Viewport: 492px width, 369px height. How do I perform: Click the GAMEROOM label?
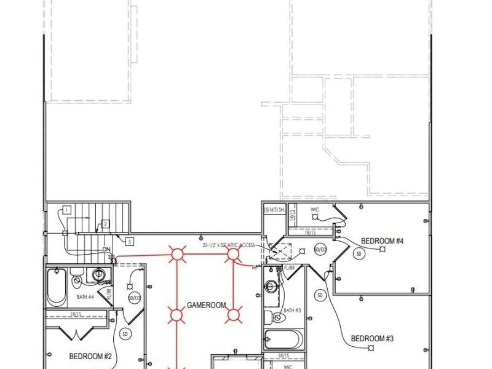207,305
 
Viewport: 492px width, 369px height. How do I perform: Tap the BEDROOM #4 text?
382,240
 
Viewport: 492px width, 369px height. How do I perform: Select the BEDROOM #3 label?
372,338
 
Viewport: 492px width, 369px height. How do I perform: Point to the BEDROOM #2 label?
90,356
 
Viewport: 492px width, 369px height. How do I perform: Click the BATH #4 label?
85,297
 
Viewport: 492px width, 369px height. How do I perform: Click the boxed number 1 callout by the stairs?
66,210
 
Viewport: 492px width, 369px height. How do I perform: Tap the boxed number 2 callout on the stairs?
106,224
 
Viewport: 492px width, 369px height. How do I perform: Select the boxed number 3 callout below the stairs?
129,240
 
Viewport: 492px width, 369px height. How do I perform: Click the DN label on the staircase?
106,250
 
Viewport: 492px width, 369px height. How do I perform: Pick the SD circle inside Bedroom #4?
359,253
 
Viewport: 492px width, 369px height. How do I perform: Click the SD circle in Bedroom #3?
320,295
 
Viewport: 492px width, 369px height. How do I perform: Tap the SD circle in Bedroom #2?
125,334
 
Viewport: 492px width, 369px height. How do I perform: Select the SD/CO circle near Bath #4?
135,298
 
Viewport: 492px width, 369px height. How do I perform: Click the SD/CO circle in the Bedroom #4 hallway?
320,250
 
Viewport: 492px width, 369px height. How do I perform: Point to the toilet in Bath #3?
268,317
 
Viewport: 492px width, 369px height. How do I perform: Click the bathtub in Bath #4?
57,290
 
